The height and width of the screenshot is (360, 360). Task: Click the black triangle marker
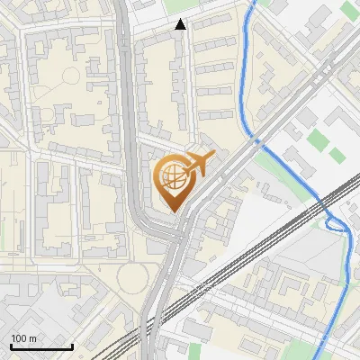tap(181, 24)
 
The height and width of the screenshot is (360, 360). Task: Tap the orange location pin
tap(176, 183)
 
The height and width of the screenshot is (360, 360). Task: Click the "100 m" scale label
tap(23, 338)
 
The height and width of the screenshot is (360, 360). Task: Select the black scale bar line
tap(41, 346)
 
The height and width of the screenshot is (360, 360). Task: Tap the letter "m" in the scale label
tap(31, 338)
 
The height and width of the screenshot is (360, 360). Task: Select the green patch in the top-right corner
tap(349, 10)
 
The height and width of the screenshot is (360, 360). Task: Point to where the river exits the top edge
tap(253, 3)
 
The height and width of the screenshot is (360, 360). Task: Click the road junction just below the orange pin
tap(176, 236)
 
